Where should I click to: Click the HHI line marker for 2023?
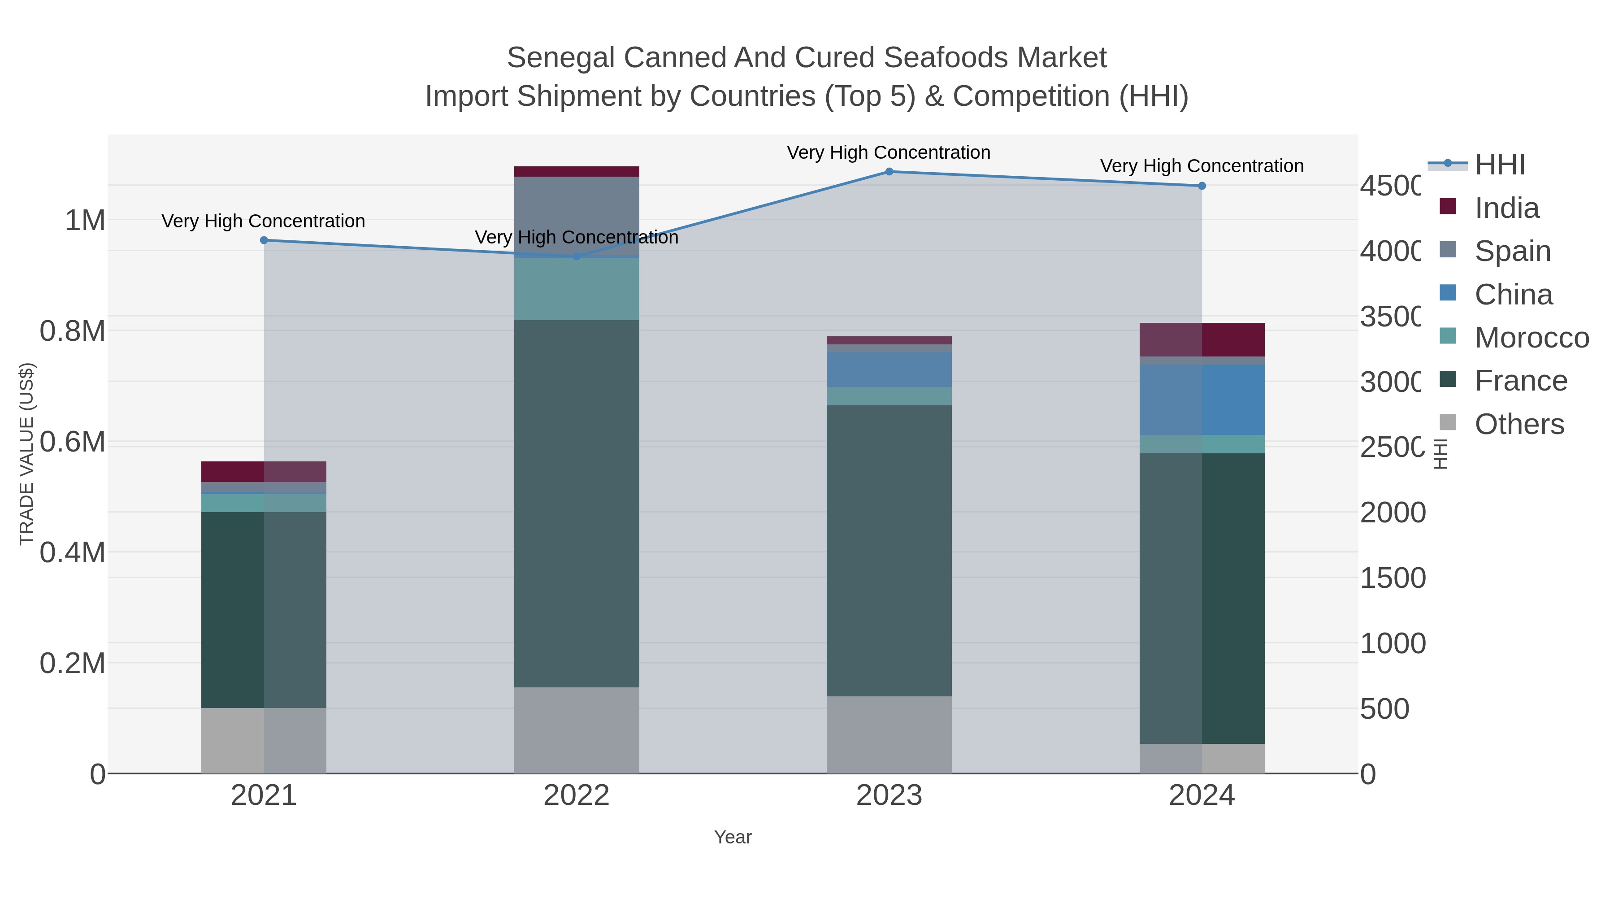pyautogui.click(x=889, y=171)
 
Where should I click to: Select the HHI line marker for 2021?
pyautogui.click(x=264, y=240)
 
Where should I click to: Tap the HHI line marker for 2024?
pyautogui.click(x=1201, y=186)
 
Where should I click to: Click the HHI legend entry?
pyautogui.click(x=1499, y=165)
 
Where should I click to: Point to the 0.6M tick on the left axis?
pyautogui.click(x=72, y=442)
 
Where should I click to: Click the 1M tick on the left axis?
pyautogui.click(x=85, y=221)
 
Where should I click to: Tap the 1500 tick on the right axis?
pyautogui.click(x=1392, y=578)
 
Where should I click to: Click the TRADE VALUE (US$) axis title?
pyautogui.click(x=26, y=454)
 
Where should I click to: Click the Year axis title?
pyautogui.click(x=733, y=837)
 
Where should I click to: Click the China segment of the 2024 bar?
pyautogui.click(x=1201, y=400)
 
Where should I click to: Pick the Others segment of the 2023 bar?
pyautogui.click(x=889, y=734)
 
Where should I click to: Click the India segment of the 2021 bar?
pyautogui.click(x=264, y=471)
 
